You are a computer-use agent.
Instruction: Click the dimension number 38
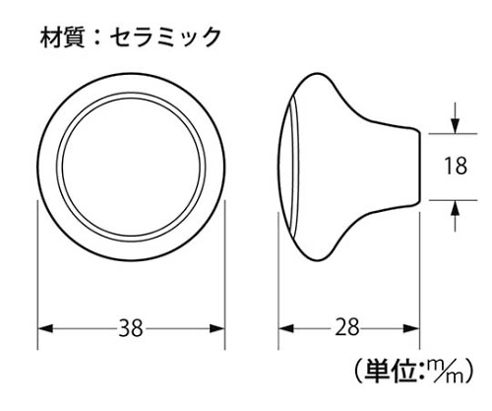click(131, 328)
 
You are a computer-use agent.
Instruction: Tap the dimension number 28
click(347, 328)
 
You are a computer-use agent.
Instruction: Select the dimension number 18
click(456, 166)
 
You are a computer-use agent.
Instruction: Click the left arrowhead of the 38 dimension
click(45, 328)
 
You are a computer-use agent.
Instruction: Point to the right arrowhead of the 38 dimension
click(217, 328)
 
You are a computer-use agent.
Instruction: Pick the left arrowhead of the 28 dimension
click(286, 328)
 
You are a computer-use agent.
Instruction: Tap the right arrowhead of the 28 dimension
click(411, 328)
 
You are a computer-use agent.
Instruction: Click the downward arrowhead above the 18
click(455, 126)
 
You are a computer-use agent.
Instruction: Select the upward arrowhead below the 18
click(455, 208)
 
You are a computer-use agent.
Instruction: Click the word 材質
click(62, 37)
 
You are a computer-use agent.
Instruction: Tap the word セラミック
click(165, 37)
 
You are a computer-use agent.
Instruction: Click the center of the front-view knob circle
click(131, 167)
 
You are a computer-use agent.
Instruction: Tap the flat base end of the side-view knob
click(420, 167)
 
